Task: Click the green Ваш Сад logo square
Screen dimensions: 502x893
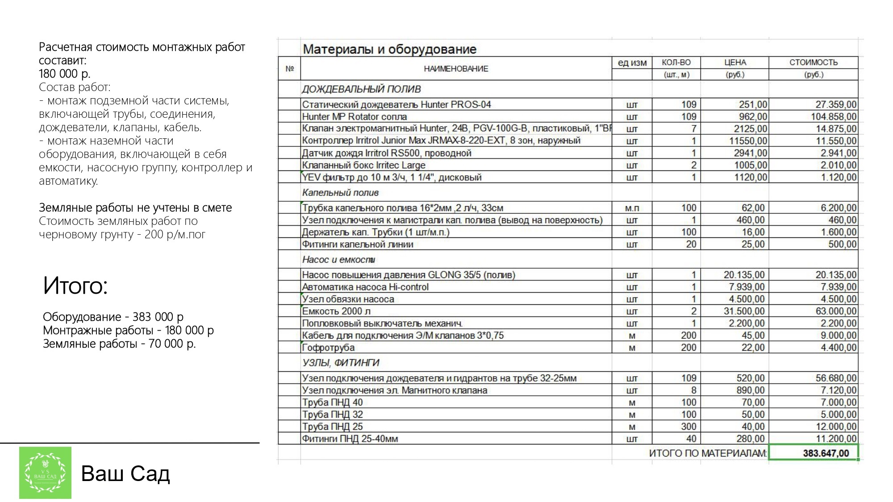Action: pyautogui.click(x=45, y=473)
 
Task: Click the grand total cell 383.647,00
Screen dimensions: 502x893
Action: pyautogui.click(x=826, y=453)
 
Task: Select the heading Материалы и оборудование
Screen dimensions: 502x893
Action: pyautogui.click(x=389, y=49)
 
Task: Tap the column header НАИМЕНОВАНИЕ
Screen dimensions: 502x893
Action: pyautogui.click(x=456, y=69)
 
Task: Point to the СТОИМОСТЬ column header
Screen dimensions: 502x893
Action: pyautogui.click(x=813, y=62)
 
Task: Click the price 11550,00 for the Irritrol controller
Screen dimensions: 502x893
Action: pyautogui.click(x=748, y=141)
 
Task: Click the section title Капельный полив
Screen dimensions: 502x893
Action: pyautogui.click(x=340, y=193)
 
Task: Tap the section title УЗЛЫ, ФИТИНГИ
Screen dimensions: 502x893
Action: pyautogui.click(x=341, y=363)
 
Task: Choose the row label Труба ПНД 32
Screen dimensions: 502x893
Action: pyautogui.click(x=333, y=415)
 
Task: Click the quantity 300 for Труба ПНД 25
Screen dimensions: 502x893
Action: pyautogui.click(x=689, y=427)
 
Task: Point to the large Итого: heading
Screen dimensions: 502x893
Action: pyautogui.click(x=75, y=286)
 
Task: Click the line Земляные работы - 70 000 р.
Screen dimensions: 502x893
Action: pyautogui.click(x=119, y=344)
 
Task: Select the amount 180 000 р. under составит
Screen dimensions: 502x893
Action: pyautogui.click(x=65, y=74)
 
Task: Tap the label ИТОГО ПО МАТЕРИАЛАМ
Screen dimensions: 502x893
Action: pyautogui.click(x=707, y=453)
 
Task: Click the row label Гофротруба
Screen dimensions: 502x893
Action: pyautogui.click(x=328, y=348)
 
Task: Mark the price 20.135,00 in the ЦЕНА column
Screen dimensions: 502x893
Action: pyautogui.click(x=744, y=275)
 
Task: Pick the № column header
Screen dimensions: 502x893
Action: pyautogui.click(x=289, y=69)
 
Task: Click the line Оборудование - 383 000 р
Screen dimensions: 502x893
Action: pyautogui.click(x=113, y=317)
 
